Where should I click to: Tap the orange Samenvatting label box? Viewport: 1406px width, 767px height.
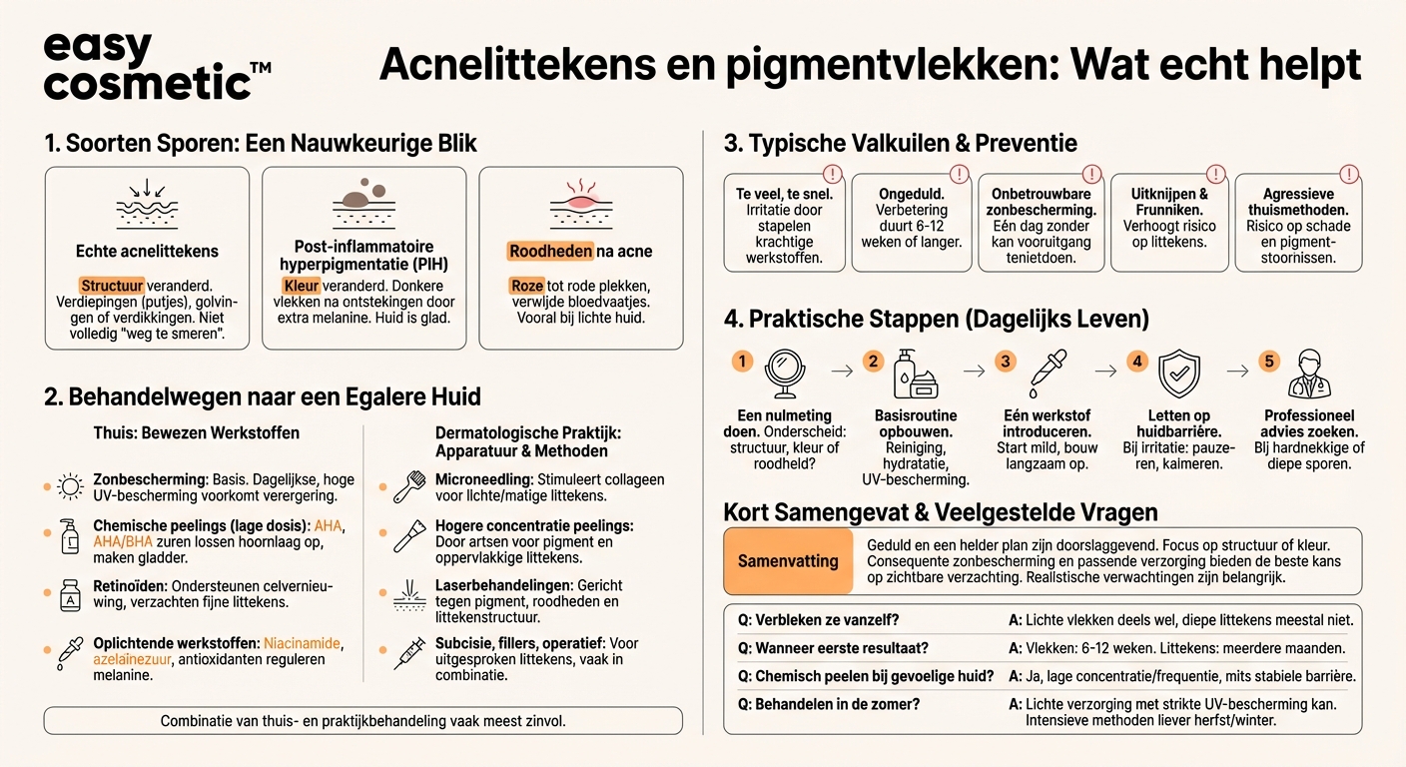(x=788, y=561)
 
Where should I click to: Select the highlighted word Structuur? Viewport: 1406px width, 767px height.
(x=112, y=286)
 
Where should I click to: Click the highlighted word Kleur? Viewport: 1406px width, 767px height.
(x=301, y=286)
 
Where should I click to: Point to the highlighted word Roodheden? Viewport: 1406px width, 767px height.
(x=550, y=252)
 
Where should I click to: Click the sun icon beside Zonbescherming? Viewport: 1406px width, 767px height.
(x=70, y=487)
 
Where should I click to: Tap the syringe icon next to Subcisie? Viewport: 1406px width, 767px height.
(x=409, y=652)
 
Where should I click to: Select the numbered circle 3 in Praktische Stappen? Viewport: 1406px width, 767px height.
(x=1006, y=361)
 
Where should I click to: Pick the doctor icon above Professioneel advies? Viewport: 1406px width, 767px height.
(x=1309, y=375)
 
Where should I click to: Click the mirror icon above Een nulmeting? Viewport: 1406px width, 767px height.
(x=784, y=375)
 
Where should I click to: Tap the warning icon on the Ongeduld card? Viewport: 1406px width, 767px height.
(x=959, y=174)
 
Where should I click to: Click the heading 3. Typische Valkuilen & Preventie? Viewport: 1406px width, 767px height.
(x=901, y=143)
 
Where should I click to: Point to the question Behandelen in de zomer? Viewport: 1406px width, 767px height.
(x=829, y=704)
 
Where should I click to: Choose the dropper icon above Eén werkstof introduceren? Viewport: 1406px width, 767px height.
(x=1045, y=375)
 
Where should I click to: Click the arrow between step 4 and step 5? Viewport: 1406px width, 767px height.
(x=1236, y=371)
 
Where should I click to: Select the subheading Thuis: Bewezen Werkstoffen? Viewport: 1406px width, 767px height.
(x=197, y=433)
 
